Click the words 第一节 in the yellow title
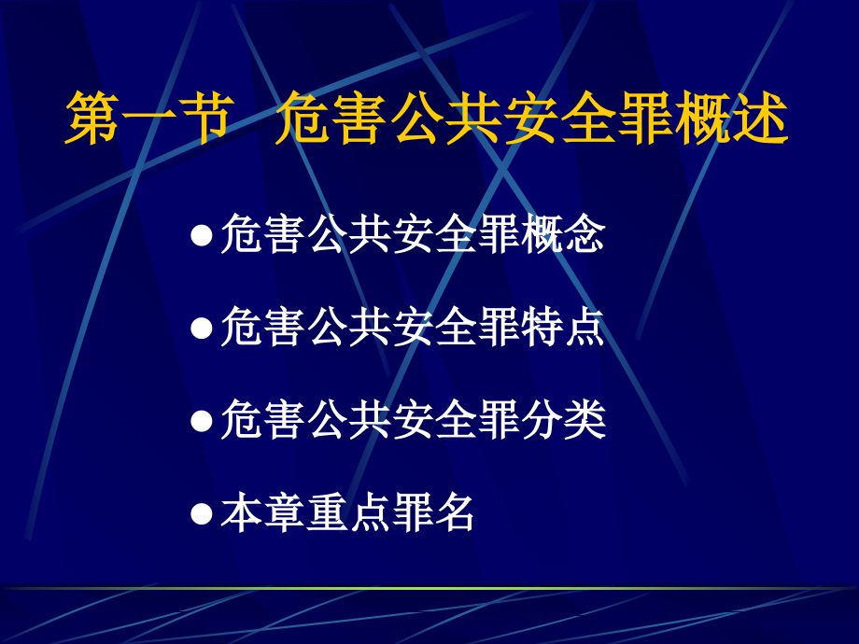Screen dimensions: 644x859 click(x=146, y=119)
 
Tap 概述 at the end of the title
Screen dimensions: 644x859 click(x=731, y=119)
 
